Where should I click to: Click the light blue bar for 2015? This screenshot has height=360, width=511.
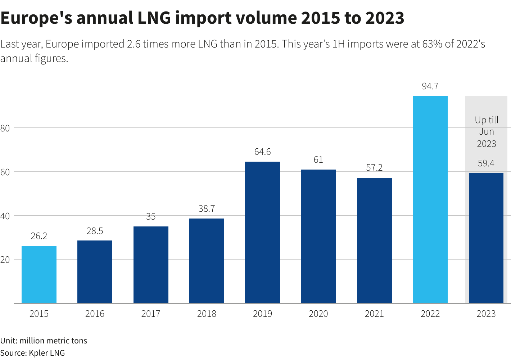click(x=39, y=274)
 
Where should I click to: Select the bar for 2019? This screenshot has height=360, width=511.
click(x=262, y=232)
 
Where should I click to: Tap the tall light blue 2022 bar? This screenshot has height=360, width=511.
click(x=430, y=199)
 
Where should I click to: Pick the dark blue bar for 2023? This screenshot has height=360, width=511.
click(x=486, y=238)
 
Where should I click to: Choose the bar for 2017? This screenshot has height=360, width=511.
click(x=151, y=265)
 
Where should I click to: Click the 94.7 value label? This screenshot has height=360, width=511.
click(x=430, y=86)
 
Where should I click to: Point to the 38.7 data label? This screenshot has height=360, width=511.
click(x=207, y=208)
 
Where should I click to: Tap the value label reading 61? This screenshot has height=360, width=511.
click(x=318, y=159)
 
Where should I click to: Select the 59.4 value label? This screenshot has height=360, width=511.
click(x=486, y=163)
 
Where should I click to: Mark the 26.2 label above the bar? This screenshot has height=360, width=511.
click(x=39, y=236)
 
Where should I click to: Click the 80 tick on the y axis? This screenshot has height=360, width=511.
click(x=5, y=128)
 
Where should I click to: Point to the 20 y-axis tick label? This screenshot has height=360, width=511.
click(x=5, y=260)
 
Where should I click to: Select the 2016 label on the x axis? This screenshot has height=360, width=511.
click(x=95, y=314)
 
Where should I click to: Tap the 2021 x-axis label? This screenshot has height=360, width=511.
click(x=374, y=314)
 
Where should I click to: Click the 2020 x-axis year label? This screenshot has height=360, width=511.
click(x=318, y=314)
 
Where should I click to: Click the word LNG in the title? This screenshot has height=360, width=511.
click(x=154, y=18)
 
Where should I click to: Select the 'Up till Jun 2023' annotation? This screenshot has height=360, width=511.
click(x=487, y=132)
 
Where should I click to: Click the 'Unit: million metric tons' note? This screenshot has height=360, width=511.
click(x=44, y=341)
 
